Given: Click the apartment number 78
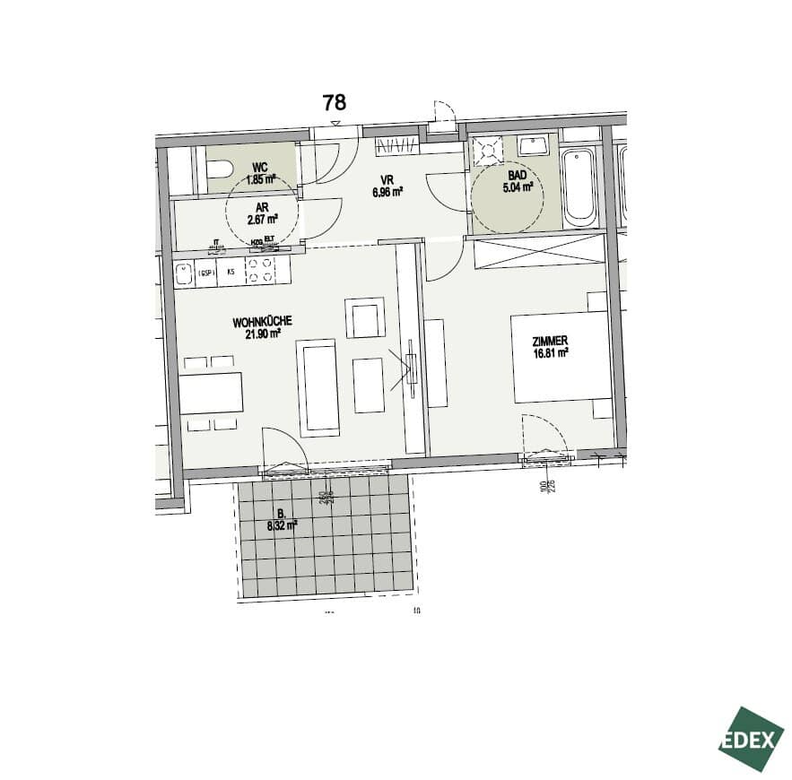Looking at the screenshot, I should coord(334,103).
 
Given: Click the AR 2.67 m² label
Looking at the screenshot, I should coord(261,212).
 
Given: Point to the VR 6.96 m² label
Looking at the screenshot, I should coord(387,186).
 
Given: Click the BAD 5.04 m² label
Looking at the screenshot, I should coord(518,182).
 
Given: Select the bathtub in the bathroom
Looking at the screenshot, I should coord(579,187).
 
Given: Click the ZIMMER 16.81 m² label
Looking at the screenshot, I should coord(551,347).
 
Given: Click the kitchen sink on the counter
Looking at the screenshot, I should coord(184,272).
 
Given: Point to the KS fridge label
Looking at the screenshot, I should coord(231,272).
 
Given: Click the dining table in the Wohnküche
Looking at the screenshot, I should coord(211,393).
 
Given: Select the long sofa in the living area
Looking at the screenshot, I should coord(319,387).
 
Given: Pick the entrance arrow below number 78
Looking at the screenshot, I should coord(335,123).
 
